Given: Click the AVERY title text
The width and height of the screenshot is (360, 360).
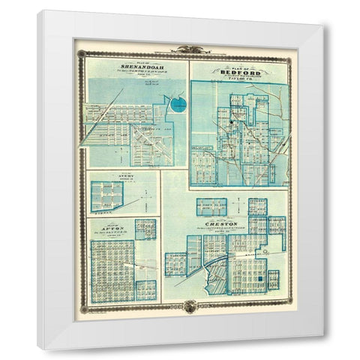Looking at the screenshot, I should pyautogui.click(x=114, y=178).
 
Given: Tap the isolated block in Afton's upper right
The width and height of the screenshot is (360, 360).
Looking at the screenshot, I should pyautogui.click(x=146, y=229).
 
